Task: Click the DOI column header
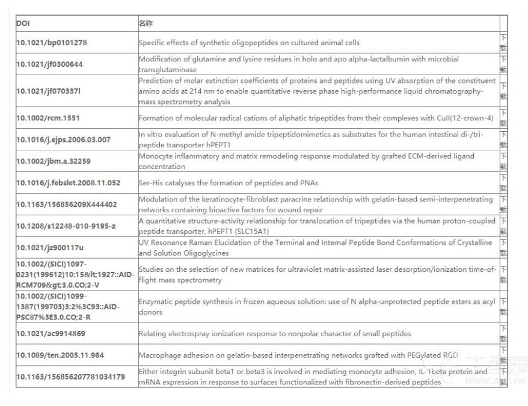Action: (x=22, y=23)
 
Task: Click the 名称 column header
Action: (x=146, y=23)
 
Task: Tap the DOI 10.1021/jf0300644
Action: (x=49, y=64)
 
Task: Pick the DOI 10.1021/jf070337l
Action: (x=48, y=91)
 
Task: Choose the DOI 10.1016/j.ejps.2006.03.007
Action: (x=63, y=140)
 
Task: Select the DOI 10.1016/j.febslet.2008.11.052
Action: (x=68, y=183)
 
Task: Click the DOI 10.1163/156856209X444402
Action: (x=66, y=205)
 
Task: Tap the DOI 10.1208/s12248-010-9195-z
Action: (x=66, y=226)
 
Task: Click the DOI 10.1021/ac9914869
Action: (x=51, y=333)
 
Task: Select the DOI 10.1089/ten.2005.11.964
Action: (x=60, y=355)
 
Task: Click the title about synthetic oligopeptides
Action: (x=249, y=43)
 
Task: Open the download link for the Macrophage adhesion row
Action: (x=503, y=355)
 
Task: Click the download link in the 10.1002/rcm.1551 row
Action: (x=503, y=117)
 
